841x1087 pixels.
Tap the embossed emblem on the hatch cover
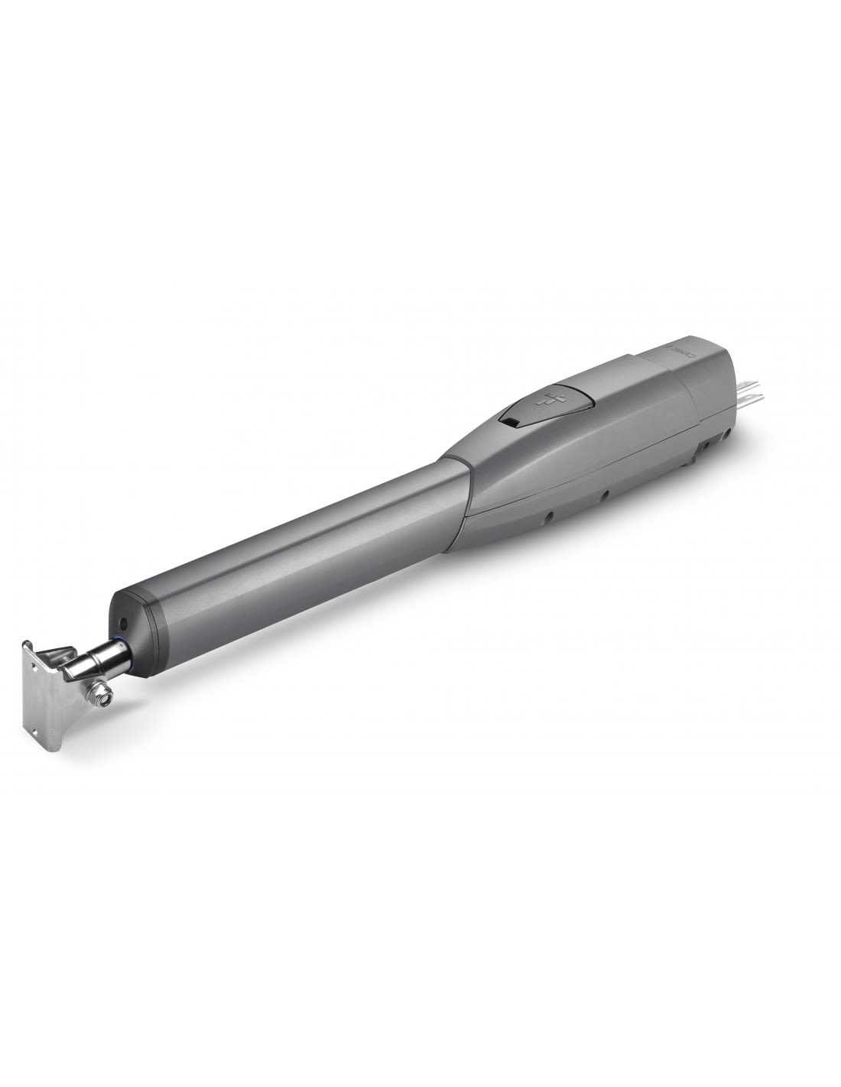click(x=547, y=399)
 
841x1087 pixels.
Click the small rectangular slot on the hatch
click(x=508, y=420)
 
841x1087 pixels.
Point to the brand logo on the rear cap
click(x=677, y=349)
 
